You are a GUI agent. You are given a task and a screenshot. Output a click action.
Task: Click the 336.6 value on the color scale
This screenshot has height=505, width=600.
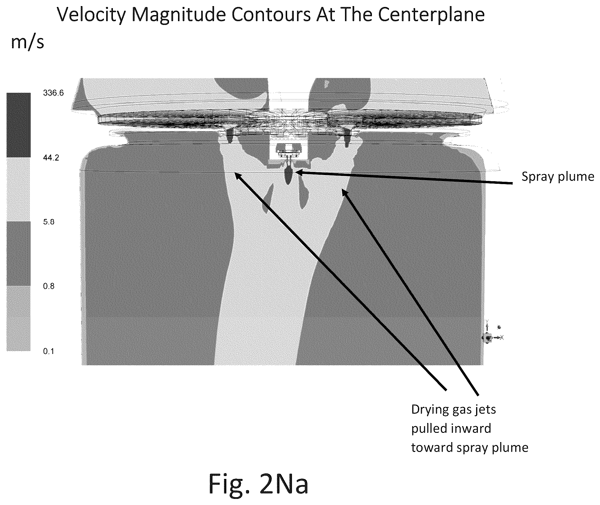[x=53, y=93]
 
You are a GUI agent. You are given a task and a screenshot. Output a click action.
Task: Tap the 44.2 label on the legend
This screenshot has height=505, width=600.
[x=51, y=158]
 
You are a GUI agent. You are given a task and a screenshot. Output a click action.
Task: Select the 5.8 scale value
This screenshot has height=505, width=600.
[x=49, y=222]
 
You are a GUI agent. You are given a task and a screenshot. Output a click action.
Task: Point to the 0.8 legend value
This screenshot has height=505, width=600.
[x=49, y=286]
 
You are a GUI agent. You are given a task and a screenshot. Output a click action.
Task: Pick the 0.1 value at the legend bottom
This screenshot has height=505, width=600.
[x=49, y=351]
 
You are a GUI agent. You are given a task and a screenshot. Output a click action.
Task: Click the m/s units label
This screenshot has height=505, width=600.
[x=27, y=42]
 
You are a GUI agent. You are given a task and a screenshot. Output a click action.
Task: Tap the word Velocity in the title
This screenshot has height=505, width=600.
[x=91, y=15]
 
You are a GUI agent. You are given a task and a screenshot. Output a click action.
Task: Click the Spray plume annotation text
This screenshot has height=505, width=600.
[x=558, y=177]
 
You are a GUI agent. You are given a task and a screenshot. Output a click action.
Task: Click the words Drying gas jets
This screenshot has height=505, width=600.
[x=454, y=410]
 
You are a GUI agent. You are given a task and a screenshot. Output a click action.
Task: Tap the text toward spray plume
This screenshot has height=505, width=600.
[x=470, y=447]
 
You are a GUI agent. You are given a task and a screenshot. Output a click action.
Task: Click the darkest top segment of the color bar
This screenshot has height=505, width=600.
[x=19, y=125]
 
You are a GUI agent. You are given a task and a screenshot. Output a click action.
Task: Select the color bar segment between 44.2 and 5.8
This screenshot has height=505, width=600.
[x=19, y=190]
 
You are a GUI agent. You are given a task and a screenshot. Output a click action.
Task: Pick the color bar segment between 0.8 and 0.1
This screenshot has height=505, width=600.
[x=19, y=319]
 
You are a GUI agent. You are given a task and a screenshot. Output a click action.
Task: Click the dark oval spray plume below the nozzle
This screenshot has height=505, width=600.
[x=288, y=175]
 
